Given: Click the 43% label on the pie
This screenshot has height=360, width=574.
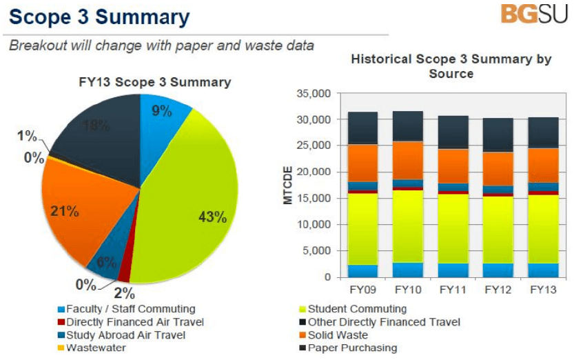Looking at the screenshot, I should (212, 217).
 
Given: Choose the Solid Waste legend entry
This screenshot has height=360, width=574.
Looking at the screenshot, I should (337, 335).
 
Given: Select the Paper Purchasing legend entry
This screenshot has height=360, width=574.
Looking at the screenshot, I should (351, 348).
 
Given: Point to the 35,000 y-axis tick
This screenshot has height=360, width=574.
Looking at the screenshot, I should (314, 94).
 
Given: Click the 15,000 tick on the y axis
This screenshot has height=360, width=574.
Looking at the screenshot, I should (314, 199).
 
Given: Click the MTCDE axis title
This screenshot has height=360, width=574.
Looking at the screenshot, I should (289, 185).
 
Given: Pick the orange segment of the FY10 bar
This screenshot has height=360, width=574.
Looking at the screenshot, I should (408, 160).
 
